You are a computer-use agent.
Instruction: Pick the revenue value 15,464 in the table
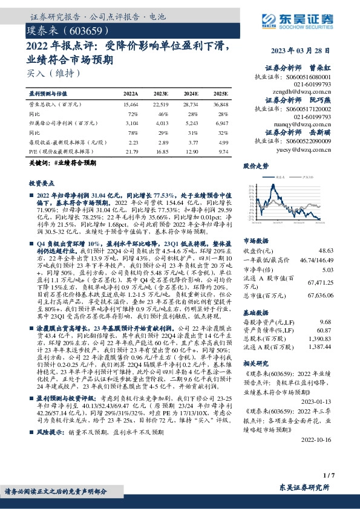click(130, 105)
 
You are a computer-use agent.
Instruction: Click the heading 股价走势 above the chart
click(255, 165)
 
